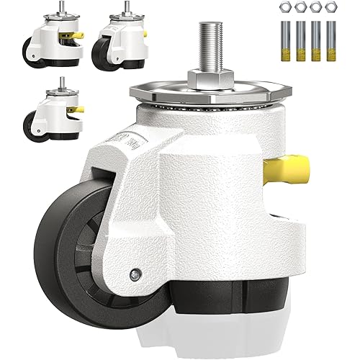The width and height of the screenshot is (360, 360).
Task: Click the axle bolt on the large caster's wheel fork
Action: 135,273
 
